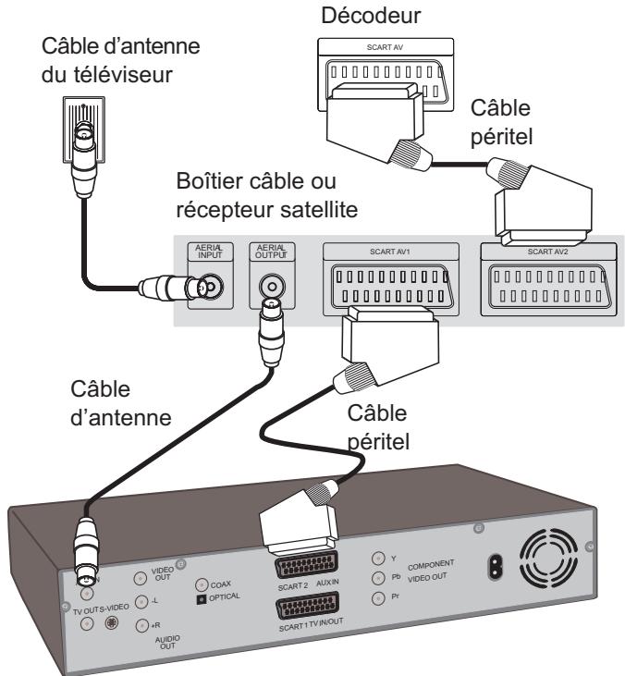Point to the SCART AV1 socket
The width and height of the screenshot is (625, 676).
[391, 286]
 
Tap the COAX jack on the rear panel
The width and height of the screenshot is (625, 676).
[202, 584]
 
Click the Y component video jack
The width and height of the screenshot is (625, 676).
[378, 559]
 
